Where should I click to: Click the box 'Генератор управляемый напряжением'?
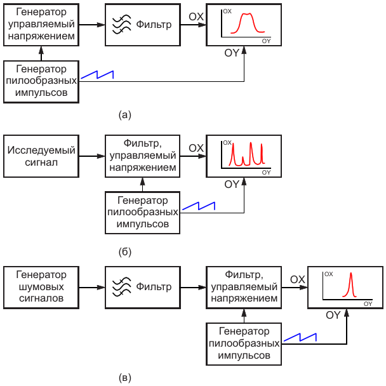click(x=41, y=25)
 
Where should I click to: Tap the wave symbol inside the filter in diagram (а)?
click(x=121, y=25)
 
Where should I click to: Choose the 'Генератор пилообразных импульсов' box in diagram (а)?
click(x=41, y=81)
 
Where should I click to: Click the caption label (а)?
click(x=124, y=115)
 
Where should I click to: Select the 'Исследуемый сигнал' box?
click(x=41, y=156)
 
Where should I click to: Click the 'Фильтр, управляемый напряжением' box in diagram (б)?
click(x=142, y=156)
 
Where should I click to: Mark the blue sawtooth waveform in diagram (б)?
click(x=199, y=206)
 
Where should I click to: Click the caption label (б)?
click(x=124, y=252)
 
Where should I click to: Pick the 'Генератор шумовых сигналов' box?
click(x=41, y=287)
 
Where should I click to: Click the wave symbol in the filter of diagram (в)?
click(x=121, y=287)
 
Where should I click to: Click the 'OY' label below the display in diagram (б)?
click(x=232, y=184)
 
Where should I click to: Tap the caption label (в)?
click(x=124, y=378)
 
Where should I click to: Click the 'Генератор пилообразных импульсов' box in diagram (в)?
click(x=244, y=343)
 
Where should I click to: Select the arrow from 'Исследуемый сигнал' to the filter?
click(x=91, y=156)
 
